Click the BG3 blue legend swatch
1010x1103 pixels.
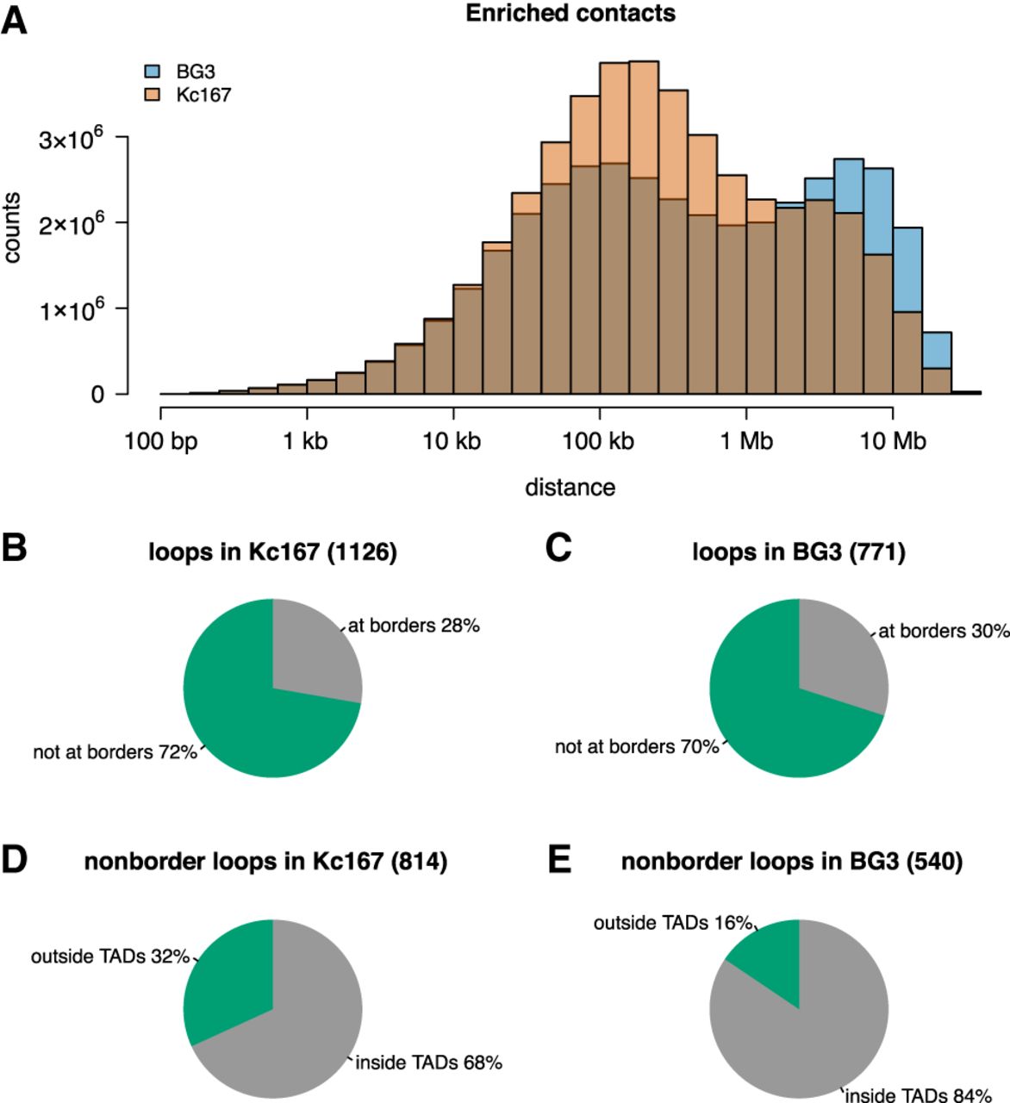tap(153, 71)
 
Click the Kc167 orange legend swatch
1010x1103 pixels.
tap(153, 95)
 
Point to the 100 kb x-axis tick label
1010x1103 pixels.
tap(599, 441)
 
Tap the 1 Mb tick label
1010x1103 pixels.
tap(746, 441)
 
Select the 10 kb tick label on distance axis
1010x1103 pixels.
tap(452, 441)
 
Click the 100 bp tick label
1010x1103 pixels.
tap(160, 441)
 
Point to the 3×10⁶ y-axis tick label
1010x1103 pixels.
tap(71, 139)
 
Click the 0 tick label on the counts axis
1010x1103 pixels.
tap(97, 395)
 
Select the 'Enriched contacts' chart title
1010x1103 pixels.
tap(570, 13)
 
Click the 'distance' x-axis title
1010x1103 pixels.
tap(570, 488)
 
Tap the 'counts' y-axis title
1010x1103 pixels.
tap(11, 227)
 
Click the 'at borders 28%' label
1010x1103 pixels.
tap(415, 626)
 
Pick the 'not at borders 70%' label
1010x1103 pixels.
tap(637, 747)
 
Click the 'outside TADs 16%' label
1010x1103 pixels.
tap(673, 923)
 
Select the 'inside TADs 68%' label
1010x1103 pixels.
tap(429, 1062)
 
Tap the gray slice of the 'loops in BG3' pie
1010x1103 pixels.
tap(842, 660)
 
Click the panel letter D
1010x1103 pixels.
tap(14, 860)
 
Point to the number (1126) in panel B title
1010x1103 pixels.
tap(362, 551)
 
